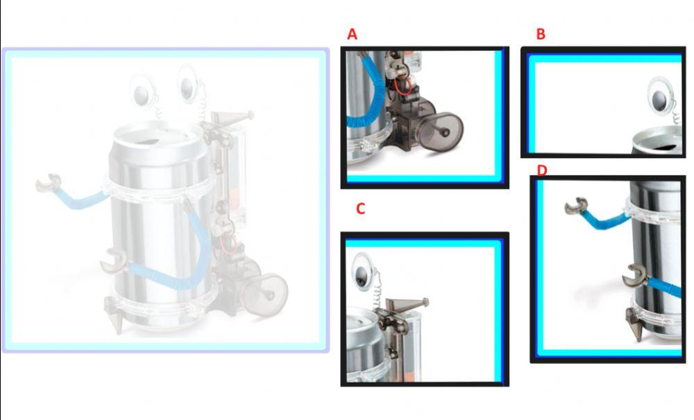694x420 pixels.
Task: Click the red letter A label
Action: (352, 34)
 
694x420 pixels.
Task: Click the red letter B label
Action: (541, 34)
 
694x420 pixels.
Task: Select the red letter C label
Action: (361, 209)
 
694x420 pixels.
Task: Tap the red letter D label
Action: (542, 170)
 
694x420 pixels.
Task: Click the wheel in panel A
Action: (441, 132)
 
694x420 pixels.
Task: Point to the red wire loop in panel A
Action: (403, 87)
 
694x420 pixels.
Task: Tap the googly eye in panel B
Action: (661, 97)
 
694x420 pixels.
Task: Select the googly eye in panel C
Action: (364, 272)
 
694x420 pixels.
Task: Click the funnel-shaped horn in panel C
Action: (406, 305)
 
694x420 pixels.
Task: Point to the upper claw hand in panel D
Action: (576, 206)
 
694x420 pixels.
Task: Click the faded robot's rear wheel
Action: (266, 295)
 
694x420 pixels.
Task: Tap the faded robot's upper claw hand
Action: (49, 182)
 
